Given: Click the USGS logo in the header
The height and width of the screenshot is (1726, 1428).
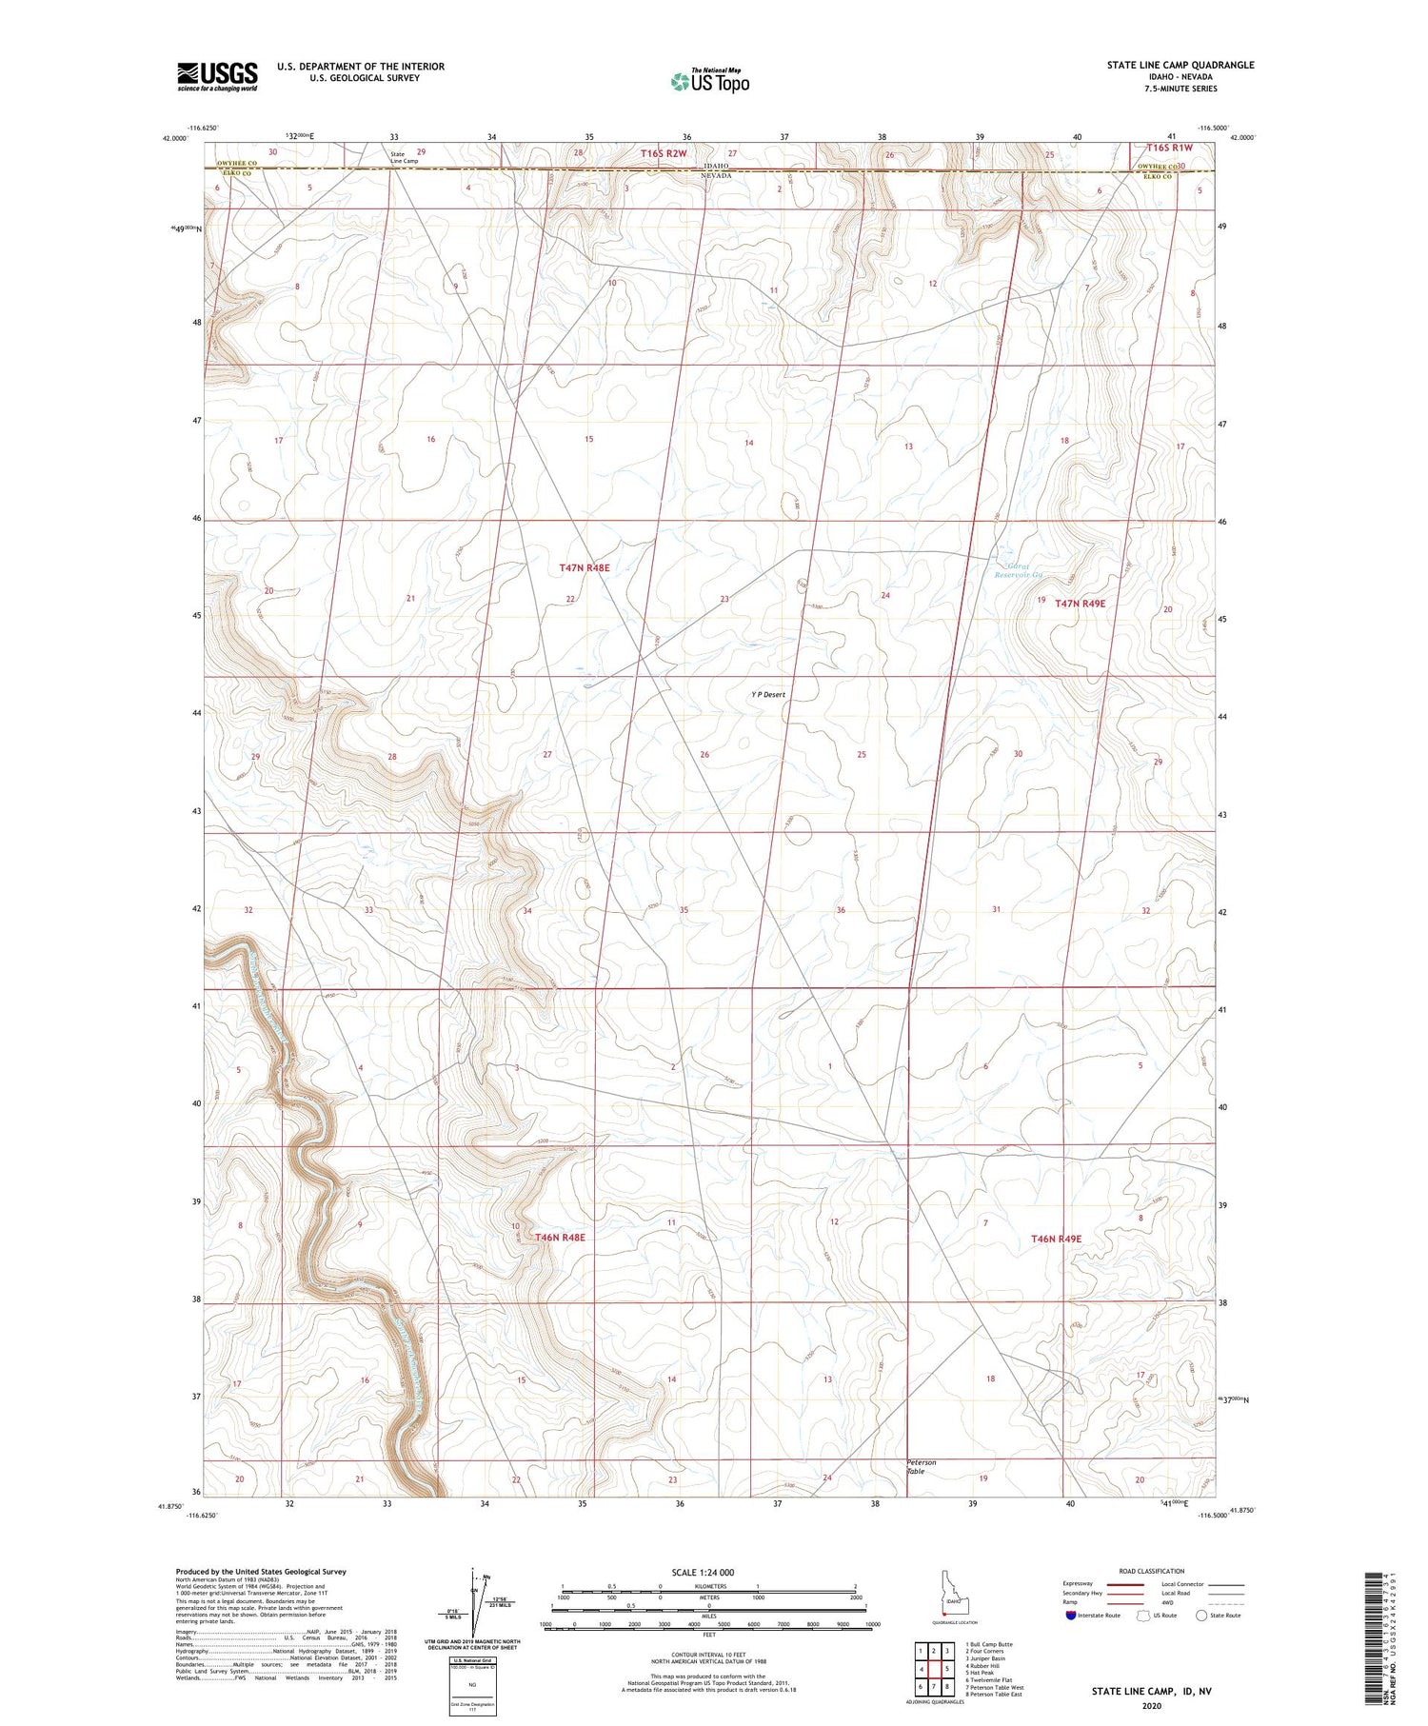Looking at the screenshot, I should coord(217,76).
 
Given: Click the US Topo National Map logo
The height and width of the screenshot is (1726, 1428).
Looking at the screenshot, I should coord(710,81).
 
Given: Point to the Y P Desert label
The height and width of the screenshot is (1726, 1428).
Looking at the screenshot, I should coord(768,695).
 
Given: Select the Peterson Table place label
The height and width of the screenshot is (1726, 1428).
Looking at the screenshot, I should coord(921,1466).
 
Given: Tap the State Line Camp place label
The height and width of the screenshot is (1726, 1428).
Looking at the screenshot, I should coord(404,157).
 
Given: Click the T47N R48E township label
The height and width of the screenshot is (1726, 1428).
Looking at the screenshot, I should coord(584,567).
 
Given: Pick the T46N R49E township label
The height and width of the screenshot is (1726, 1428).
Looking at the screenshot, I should coord(1056,1239).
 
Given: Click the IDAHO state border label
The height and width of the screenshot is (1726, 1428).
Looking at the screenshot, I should coord(716,165).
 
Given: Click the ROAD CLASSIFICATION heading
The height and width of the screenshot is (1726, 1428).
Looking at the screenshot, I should coord(1151,1571).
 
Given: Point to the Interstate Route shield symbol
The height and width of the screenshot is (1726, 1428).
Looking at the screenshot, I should coord(1070,1616).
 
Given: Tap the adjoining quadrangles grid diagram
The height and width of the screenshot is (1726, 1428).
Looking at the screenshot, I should coord(935,1668).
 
